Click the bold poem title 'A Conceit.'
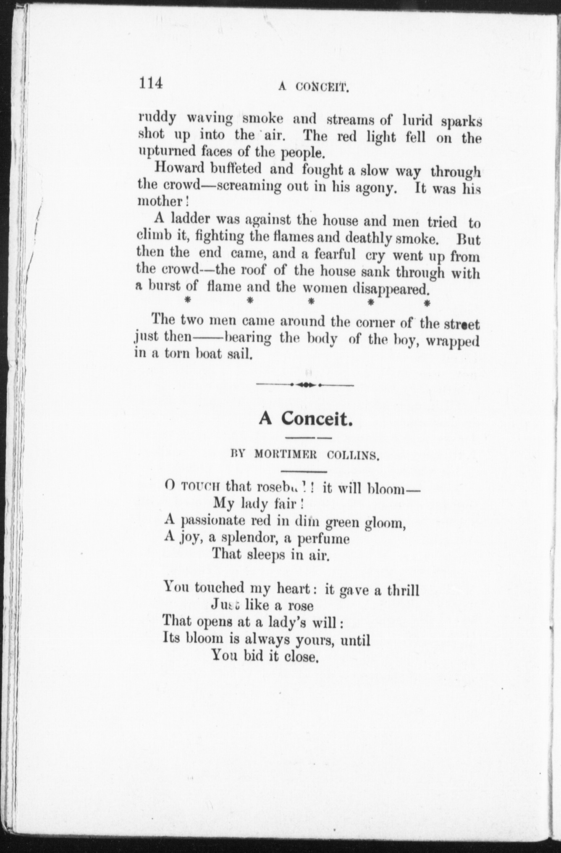pyautogui.click(x=305, y=419)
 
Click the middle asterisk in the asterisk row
pyautogui.click(x=312, y=302)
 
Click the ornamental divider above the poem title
pyautogui.click(x=305, y=385)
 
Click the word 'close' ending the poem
pyautogui.click(x=301, y=657)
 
